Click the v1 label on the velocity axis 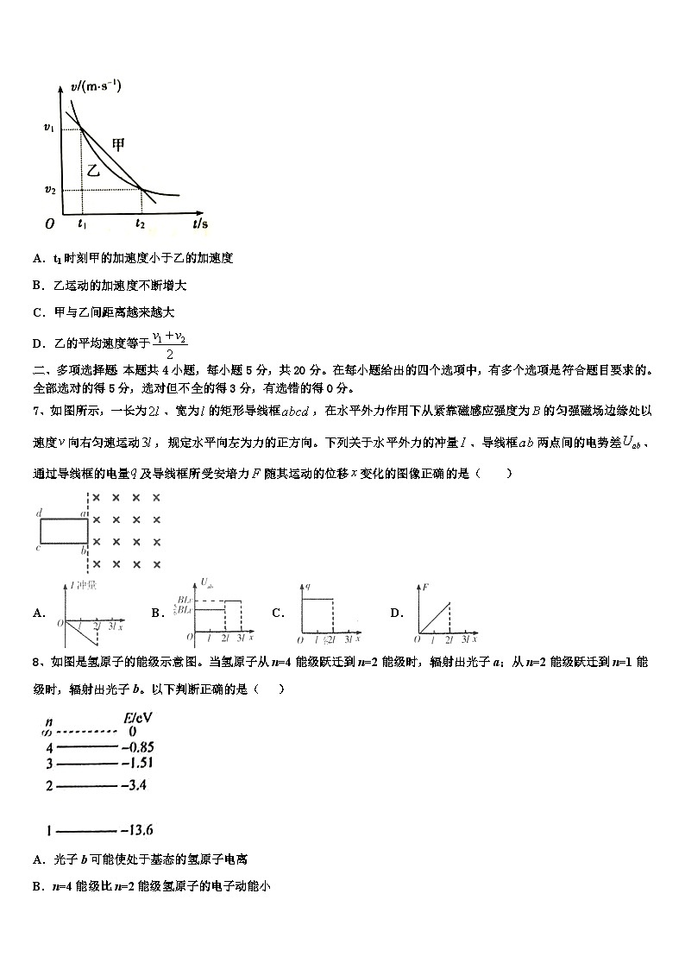tap(49, 129)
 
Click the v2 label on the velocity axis tap(50, 190)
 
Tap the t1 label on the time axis tap(81, 224)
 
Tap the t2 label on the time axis tap(141, 224)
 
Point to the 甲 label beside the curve tap(120, 145)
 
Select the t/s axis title tap(200, 223)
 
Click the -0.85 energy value tap(138, 746)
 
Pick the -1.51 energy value tap(137, 763)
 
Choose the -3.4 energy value tap(135, 785)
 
